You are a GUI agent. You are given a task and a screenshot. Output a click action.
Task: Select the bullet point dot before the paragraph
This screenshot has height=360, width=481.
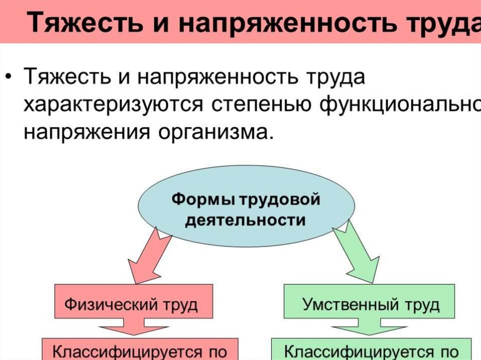[9, 75]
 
